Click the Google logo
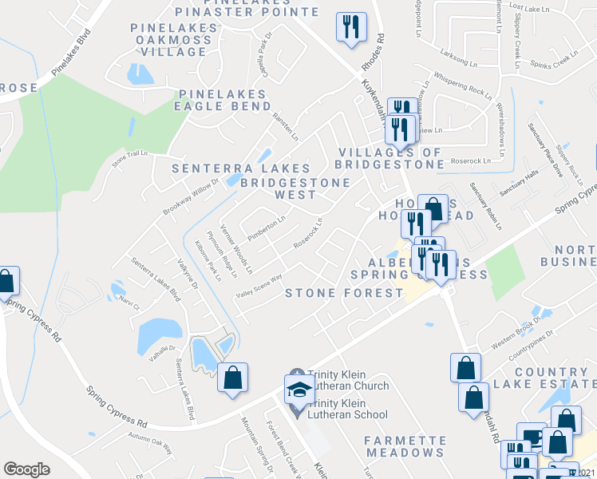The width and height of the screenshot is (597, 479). pyautogui.click(x=26, y=469)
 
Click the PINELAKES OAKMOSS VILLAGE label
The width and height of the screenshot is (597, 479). pyautogui.click(x=173, y=40)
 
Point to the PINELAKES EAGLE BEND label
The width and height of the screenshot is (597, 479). pyautogui.click(x=226, y=100)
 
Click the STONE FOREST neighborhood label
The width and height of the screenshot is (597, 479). pyautogui.click(x=345, y=293)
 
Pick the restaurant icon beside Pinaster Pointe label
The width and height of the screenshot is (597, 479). pyautogui.click(x=351, y=26)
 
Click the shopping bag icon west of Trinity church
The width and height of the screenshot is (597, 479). pyautogui.click(x=232, y=377)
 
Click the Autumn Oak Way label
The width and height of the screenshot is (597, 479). pyautogui.click(x=151, y=443)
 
